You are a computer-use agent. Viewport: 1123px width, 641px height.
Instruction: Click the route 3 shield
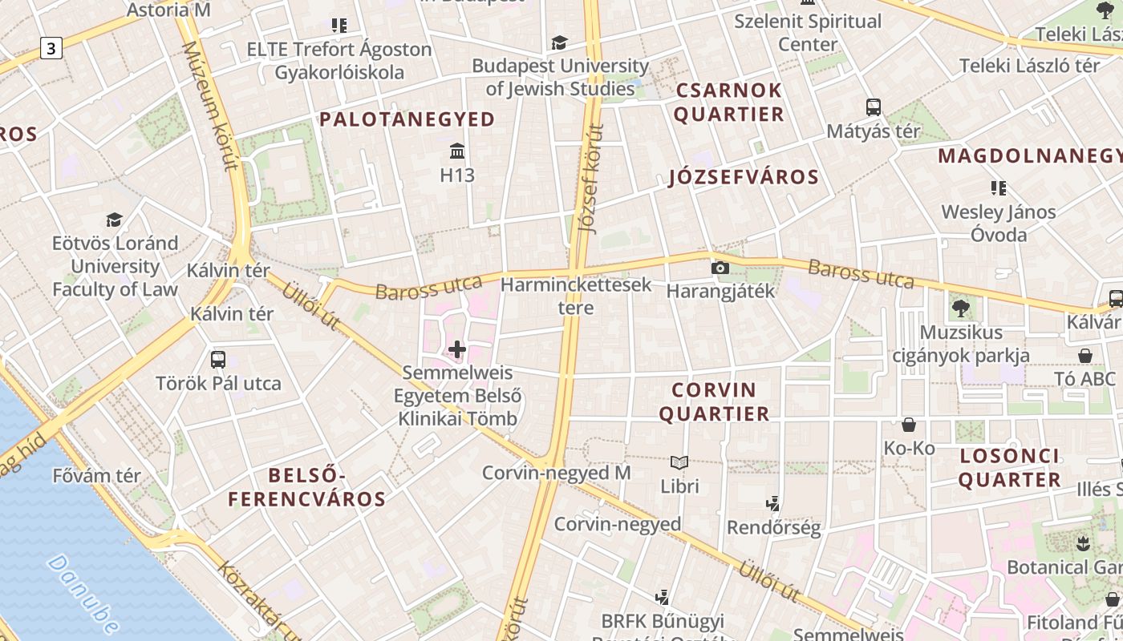click(51, 49)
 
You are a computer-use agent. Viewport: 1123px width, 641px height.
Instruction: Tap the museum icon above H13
click(457, 151)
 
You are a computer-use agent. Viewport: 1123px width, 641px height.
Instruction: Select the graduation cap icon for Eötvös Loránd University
click(114, 220)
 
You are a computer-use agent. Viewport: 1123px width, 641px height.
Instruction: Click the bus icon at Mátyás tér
click(874, 107)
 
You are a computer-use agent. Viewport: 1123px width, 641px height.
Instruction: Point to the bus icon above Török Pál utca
click(218, 359)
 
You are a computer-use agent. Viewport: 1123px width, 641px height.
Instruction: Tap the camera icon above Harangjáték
click(720, 268)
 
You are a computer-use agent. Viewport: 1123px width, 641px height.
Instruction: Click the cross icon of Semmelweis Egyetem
click(457, 349)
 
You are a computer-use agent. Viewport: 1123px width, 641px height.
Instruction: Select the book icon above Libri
click(679, 462)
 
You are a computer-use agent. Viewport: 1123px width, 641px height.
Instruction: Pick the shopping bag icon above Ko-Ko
click(909, 424)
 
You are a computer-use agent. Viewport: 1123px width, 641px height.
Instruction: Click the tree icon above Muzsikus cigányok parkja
click(960, 308)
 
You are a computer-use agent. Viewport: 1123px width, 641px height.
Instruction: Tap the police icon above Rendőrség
click(773, 504)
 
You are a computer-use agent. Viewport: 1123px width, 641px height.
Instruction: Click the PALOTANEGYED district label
click(407, 119)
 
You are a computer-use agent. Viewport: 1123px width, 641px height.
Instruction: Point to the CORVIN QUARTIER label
click(720, 401)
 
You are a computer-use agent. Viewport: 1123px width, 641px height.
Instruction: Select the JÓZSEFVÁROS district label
click(744, 177)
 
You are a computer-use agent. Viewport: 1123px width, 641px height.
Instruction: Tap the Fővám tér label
click(97, 476)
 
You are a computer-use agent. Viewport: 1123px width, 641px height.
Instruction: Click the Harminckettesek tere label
click(576, 296)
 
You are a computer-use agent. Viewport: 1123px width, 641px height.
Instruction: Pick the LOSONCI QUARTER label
click(1010, 468)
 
